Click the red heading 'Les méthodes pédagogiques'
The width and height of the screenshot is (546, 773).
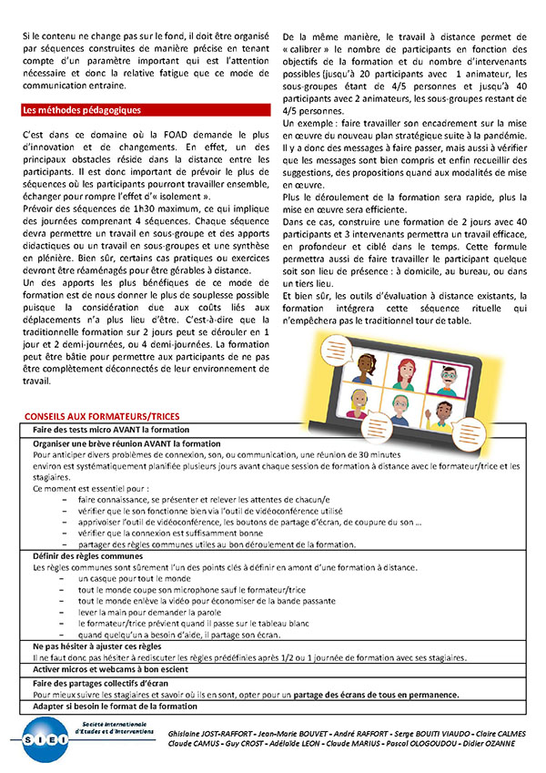(81, 110)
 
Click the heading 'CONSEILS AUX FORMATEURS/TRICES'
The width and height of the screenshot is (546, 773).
(102, 416)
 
